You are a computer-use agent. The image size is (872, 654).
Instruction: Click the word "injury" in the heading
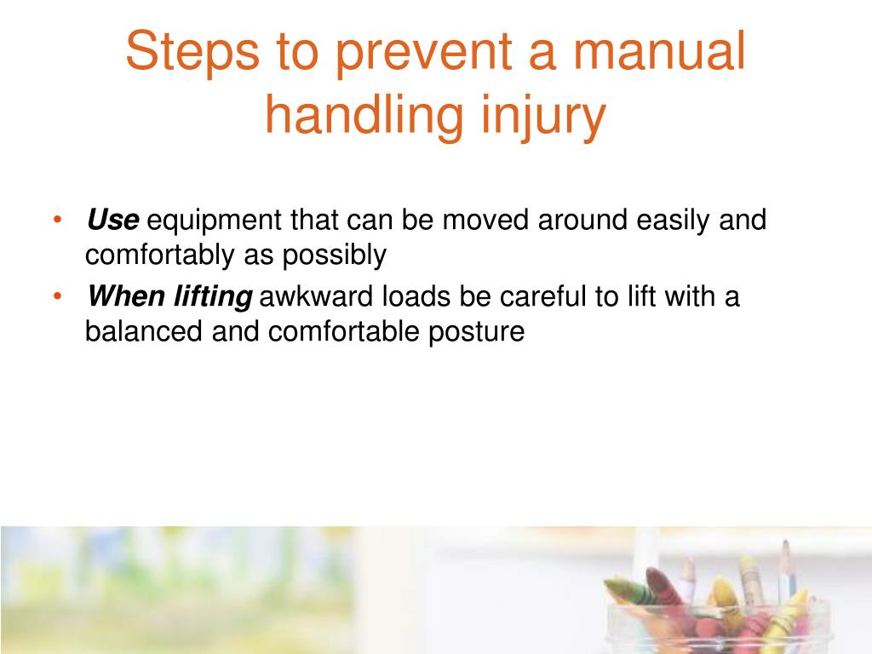click(x=542, y=117)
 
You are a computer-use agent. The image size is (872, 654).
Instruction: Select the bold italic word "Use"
click(x=112, y=221)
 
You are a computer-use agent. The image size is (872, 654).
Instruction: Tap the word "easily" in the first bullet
click(x=671, y=221)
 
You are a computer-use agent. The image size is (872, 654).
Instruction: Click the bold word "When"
click(x=125, y=297)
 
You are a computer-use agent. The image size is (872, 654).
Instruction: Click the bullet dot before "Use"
click(x=56, y=221)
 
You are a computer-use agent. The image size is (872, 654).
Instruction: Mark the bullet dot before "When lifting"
click(x=56, y=296)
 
